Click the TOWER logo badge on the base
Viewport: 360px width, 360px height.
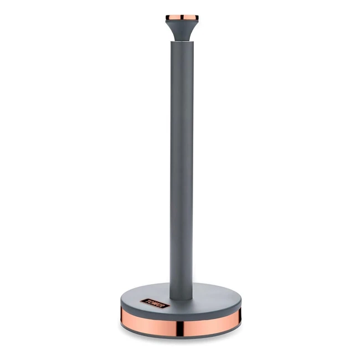[x=152, y=301]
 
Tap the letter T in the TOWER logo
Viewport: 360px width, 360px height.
[x=146, y=303]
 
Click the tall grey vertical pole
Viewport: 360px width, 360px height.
[x=182, y=166]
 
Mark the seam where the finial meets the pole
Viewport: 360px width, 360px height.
[x=182, y=40]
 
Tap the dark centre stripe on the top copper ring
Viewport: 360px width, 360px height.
[x=182, y=18]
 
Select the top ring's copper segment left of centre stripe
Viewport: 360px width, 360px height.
[x=173, y=18]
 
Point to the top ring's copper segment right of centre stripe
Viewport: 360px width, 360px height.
[x=190, y=18]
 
